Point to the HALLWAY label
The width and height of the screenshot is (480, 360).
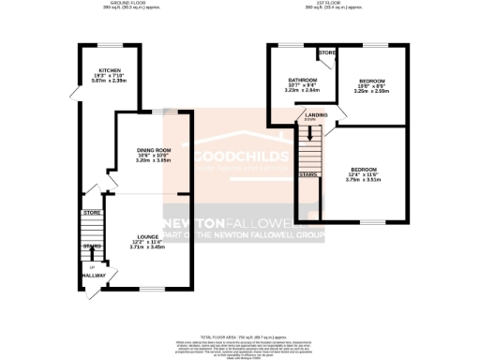pos(92,274)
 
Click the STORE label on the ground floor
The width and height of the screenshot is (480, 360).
pos(92,213)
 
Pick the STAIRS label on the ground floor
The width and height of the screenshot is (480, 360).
pos(92,245)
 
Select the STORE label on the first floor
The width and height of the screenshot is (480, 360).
pos(326,53)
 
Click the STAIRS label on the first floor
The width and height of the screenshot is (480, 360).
pos(307,173)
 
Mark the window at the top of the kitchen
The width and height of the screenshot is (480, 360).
pos(106,44)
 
